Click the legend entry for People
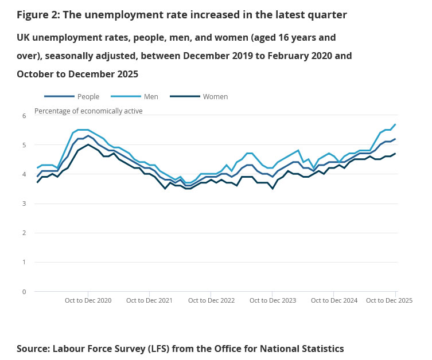point(87,96)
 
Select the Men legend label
point(151,96)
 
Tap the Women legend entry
point(215,96)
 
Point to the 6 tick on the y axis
point(24,116)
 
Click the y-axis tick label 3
point(24,204)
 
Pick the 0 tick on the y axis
point(24,292)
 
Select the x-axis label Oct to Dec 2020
point(88,300)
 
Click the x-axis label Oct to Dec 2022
point(211,300)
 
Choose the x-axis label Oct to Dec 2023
point(273,300)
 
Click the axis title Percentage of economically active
point(88,111)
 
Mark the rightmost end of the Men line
point(395,124)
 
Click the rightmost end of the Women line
point(395,154)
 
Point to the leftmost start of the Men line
point(37,168)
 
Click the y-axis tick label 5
point(24,145)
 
